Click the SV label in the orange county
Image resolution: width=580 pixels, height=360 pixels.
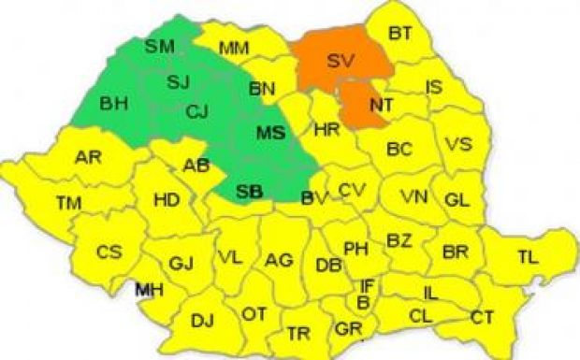[342, 61]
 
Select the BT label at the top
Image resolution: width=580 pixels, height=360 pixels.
[400, 34]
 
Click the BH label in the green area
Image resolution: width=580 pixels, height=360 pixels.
[114, 100]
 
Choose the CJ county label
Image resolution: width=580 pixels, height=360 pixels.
[196, 113]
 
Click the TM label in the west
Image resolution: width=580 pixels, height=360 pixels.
[68, 202]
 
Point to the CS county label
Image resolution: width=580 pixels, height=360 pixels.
[109, 252]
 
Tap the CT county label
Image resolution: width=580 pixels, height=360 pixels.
[483, 318]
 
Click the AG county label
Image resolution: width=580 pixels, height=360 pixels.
[279, 260]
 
